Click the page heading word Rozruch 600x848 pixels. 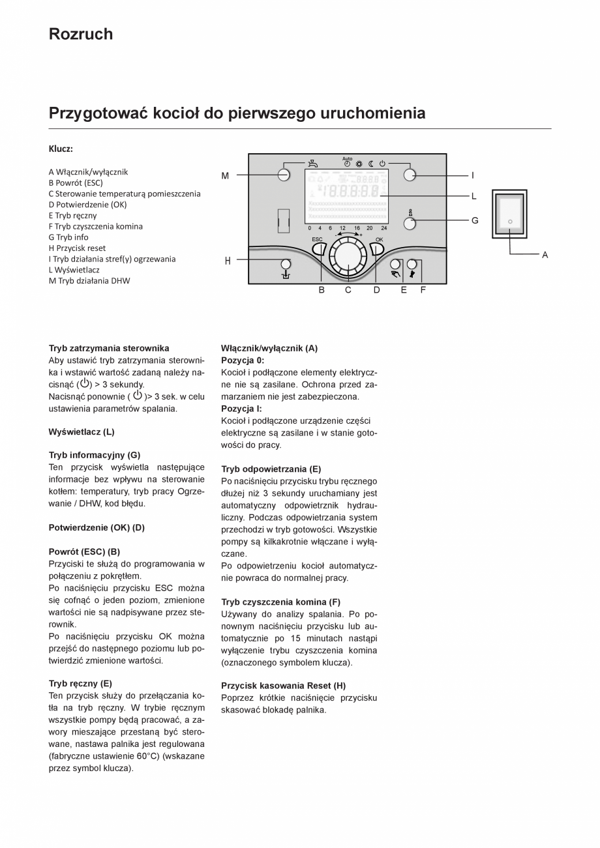80,34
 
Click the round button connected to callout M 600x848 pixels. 284,175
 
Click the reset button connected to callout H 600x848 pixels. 286,264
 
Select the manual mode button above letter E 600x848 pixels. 395,265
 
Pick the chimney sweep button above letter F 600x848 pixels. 412,265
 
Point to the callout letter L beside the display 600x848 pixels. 474,196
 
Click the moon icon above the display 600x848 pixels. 370,164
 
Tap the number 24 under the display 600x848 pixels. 383,228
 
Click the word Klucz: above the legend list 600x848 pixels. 61,149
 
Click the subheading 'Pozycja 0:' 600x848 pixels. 243,360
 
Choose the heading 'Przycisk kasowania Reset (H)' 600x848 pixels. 283,686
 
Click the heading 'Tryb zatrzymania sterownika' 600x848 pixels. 109,348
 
